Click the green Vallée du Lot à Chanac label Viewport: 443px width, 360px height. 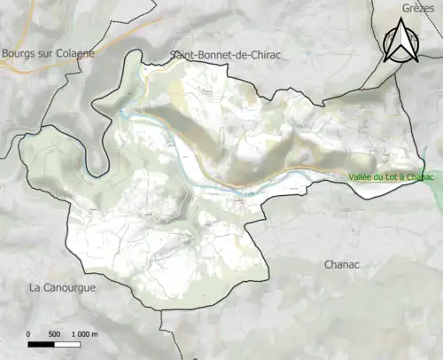click(392, 177)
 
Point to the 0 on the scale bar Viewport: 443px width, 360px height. click(28, 334)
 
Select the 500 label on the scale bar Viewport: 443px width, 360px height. click(54, 334)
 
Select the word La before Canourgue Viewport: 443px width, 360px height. click(35, 288)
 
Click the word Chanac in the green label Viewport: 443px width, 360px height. click(420, 177)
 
